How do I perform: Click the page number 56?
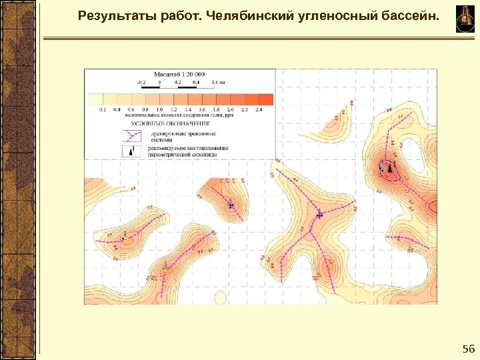tap(468, 349)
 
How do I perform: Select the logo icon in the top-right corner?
tap(465, 18)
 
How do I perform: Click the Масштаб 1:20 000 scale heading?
tap(179, 75)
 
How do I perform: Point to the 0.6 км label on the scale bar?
tap(218, 82)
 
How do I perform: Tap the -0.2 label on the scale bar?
tap(141, 82)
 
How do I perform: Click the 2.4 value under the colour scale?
tap(259, 109)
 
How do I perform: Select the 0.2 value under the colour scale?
tap(102, 109)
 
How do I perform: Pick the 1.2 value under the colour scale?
tap(174, 109)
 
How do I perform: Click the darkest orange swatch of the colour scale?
tap(265, 99)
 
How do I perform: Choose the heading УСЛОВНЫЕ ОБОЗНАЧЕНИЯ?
tap(169, 123)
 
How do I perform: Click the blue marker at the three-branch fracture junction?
tap(320, 215)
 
